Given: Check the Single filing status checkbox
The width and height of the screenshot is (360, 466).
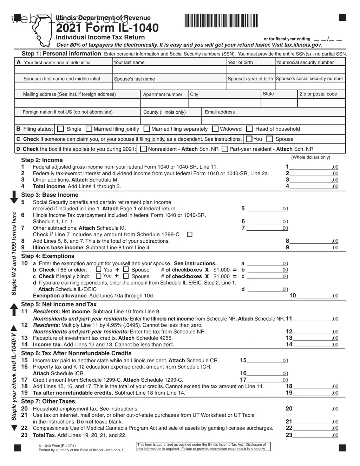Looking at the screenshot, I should click(60, 129).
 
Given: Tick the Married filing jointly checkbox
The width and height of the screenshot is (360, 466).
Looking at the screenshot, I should click(89, 129).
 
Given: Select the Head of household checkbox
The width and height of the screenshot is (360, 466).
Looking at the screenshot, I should click(249, 129).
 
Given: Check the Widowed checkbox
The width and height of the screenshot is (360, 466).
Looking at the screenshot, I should click(215, 129).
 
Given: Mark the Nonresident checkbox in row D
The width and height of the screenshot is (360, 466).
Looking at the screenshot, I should click(143, 149).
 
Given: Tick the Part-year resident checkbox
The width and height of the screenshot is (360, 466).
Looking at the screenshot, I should click(225, 149).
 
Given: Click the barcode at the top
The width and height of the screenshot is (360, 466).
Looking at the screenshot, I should click(221, 20).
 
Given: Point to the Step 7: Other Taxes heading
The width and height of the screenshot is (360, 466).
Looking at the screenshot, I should click(48, 401).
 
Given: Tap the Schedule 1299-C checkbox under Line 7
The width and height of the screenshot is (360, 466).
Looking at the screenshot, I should click(190, 235).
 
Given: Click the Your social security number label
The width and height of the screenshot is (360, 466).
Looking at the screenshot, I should click(305, 63).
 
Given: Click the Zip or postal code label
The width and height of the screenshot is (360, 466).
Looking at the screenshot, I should click(318, 94).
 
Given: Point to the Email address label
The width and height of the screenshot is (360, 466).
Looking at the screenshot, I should click(220, 112).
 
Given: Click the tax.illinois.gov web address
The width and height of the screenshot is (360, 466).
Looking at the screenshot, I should click(303, 45).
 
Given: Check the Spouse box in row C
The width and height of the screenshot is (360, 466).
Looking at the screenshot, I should click(270, 139).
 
